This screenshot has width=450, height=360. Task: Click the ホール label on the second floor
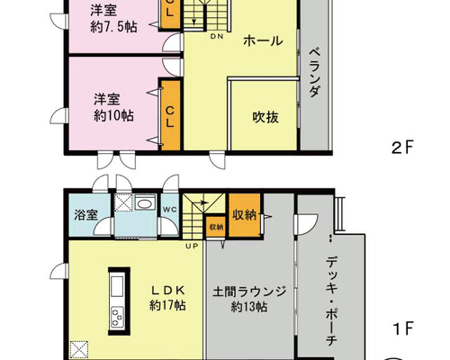263,40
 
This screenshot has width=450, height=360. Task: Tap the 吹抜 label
265,117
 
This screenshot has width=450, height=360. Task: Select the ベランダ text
314,72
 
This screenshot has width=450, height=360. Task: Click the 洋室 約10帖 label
113,107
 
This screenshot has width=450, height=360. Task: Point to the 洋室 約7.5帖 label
113,19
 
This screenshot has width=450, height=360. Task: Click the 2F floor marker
402,148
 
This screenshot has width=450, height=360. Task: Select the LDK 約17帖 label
167,298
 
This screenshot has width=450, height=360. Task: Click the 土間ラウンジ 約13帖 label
249,299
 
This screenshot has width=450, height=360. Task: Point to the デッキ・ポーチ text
331,301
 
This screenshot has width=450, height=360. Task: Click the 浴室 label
85,215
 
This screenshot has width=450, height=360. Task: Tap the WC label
170,210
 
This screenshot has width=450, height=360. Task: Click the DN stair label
217,37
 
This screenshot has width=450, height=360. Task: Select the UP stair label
192,247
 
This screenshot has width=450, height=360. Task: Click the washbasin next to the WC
145,202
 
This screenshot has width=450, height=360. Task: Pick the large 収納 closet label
245,215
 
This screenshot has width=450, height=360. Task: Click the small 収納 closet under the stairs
216,227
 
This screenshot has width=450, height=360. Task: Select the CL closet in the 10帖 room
170,115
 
